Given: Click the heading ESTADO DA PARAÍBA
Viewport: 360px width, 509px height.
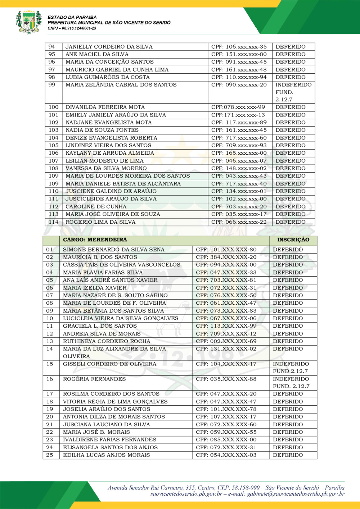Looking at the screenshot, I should pyautogui.click(x=72, y=17).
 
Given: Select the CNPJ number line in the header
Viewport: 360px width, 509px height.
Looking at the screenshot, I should pyautogui.click(x=72, y=28).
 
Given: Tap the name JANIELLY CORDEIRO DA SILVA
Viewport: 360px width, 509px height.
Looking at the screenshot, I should pyautogui.click(x=109, y=47).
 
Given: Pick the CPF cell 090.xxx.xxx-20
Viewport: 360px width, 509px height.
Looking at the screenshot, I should pyautogui.click(x=239, y=85).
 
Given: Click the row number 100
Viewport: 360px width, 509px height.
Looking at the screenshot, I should pyautogui.click(x=54, y=107).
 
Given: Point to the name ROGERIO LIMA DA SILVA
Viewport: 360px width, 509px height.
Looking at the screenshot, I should pyautogui.click(x=100, y=222).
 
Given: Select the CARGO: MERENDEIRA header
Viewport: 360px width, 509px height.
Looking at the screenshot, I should pyautogui.click(x=95, y=240).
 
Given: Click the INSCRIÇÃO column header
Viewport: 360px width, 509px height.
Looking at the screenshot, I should pyautogui.click(x=293, y=240).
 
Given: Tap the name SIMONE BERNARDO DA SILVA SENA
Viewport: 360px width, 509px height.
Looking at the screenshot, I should pyautogui.click(x=114, y=250).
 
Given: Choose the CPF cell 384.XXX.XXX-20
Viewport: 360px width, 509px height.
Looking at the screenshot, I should pyautogui.click(x=226, y=257).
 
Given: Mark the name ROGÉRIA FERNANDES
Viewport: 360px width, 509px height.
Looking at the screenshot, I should pyautogui.click(x=94, y=379).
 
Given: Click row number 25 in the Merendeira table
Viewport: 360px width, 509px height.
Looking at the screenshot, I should pyautogui.click(x=50, y=455).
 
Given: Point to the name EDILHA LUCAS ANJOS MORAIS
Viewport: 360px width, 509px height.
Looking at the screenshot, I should pyautogui.click(x=107, y=455).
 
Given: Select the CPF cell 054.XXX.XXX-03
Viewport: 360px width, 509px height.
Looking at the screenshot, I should pyautogui.click(x=226, y=455).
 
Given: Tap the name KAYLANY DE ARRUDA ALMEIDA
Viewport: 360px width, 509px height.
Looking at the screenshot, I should pyautogui.click(x=110, y=153).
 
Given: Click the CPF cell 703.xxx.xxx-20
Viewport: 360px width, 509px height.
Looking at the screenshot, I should pyautogui.click(x=239, y=206).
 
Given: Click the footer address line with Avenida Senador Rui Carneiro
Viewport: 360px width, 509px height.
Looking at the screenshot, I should pyautogui.click(x=226, y=488).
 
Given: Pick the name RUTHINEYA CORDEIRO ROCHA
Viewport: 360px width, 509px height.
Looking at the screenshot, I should pyautogui.click(x=107, y=341).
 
